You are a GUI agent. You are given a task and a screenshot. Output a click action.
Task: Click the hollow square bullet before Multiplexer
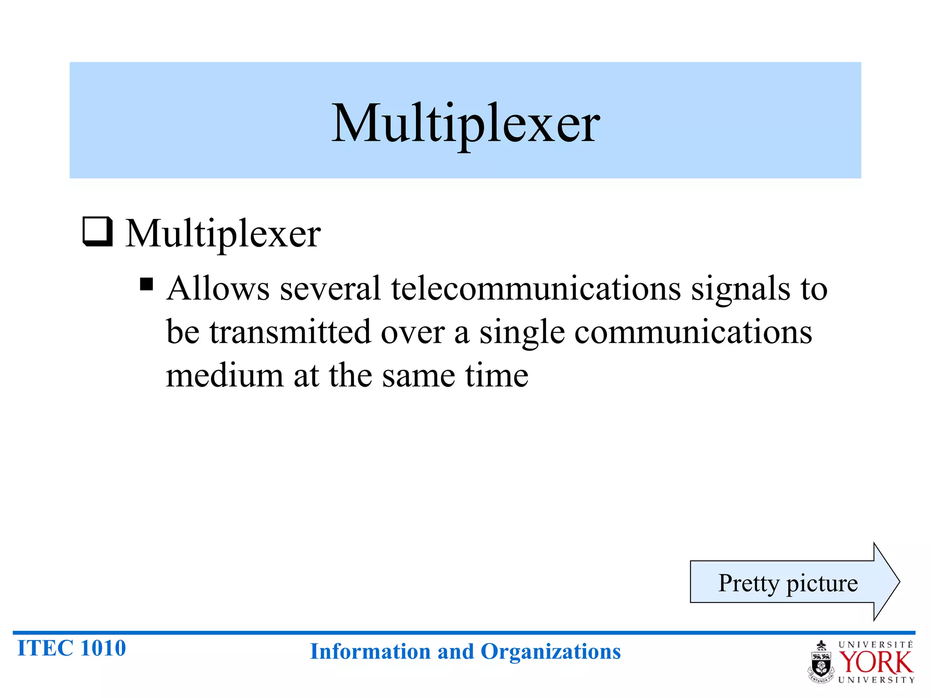(x=97, y=232)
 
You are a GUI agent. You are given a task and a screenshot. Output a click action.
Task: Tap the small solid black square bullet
(x=146, y=284)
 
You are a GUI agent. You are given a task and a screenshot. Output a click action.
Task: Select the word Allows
(x=218, y=289)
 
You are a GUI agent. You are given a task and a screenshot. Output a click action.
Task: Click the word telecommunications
(x=536, y=289)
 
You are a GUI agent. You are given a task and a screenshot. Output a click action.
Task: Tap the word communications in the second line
(x=693, y=332)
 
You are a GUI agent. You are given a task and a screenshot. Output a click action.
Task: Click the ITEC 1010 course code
(x=71, y=648)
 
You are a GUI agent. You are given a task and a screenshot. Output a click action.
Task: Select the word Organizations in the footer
(x=551, y=652)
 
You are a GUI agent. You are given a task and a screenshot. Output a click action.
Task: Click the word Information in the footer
(x=371, y=652)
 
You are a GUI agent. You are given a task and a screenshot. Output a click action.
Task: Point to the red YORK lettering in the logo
(x=876, y=663)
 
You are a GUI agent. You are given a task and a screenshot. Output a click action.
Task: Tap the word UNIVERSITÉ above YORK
(x=876, y=645)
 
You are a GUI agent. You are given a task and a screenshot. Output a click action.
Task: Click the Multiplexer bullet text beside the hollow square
(x=223, y=234)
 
